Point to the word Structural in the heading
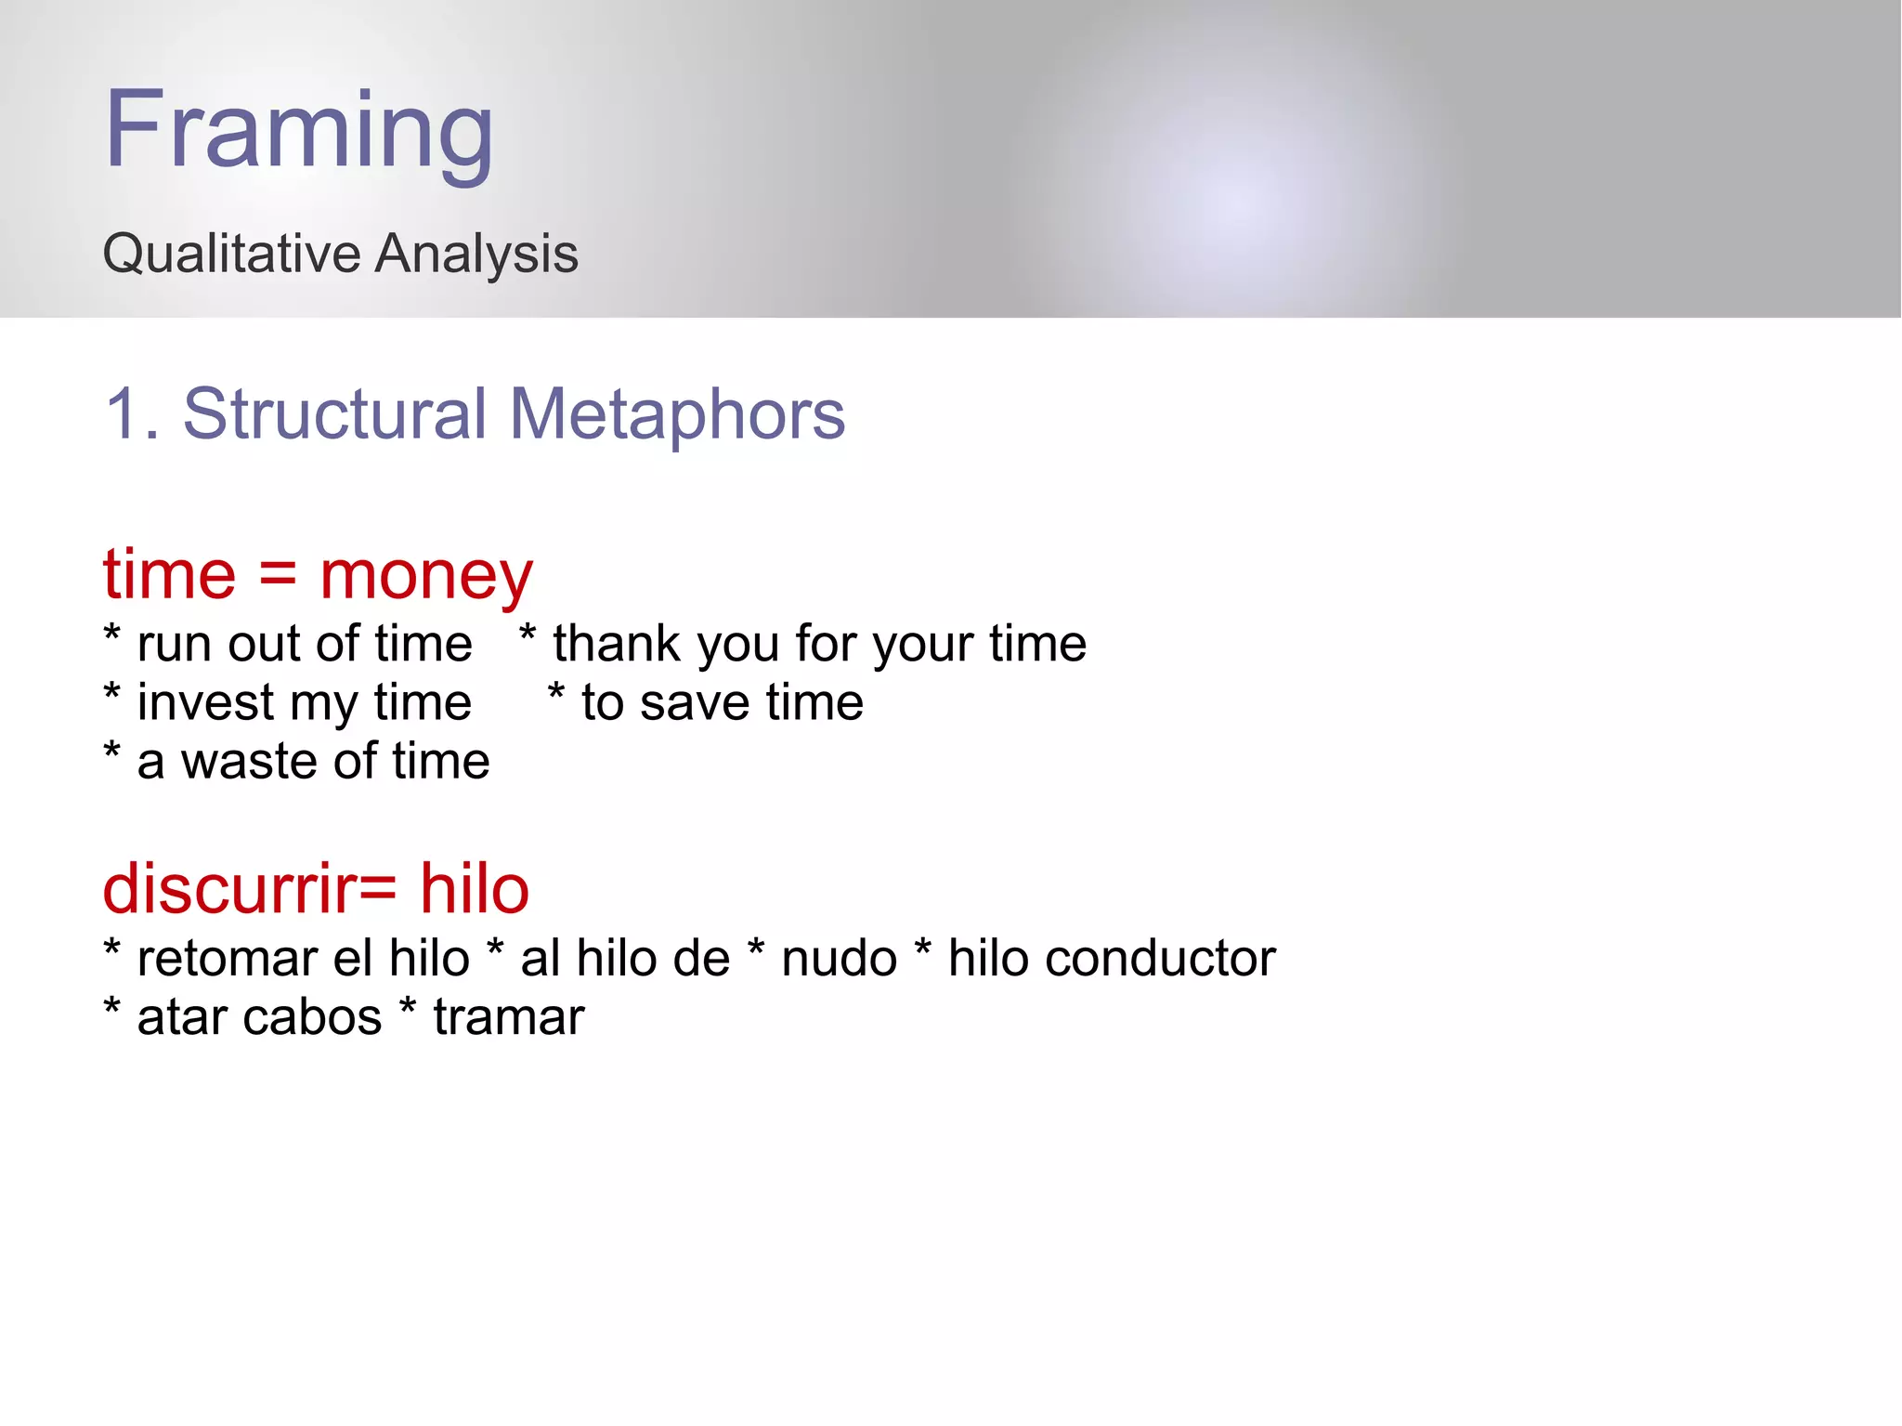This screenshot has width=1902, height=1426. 334,414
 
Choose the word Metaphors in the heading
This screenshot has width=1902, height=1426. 677,414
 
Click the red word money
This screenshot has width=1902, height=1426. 426,576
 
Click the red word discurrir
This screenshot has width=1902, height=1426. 228,890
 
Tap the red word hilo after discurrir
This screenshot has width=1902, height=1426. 474,890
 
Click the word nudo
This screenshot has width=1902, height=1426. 839,959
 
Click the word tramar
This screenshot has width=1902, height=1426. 509,1017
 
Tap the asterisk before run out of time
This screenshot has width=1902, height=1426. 112,636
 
